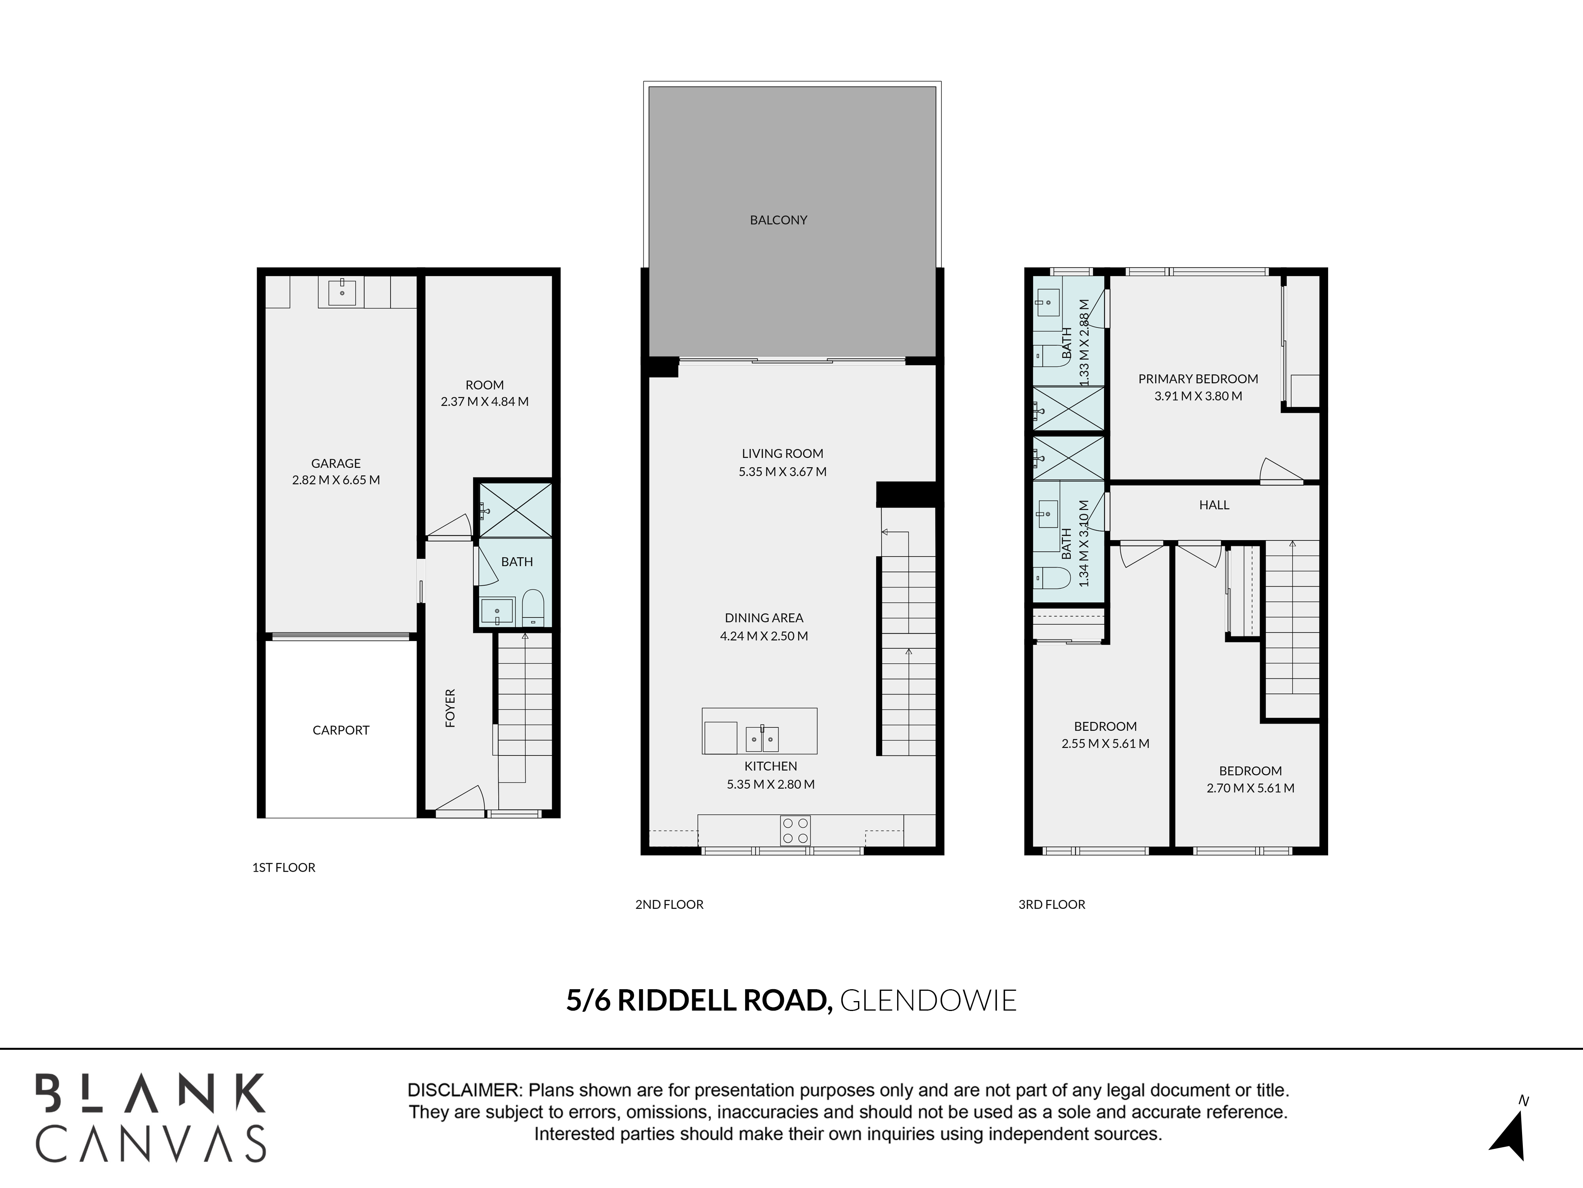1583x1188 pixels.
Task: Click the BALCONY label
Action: (x=778, y=220)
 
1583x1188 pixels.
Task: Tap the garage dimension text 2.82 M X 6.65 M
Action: (x=336, y=480)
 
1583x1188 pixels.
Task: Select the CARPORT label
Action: (x=341, y=730)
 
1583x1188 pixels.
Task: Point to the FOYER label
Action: (x=450, y=708)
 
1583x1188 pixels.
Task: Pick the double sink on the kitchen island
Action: (x=762, y=738)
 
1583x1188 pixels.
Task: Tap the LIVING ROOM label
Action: (x=782, y=453)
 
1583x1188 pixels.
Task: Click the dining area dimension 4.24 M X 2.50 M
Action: (x=763, y=636)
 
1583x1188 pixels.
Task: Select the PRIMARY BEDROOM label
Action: (x=1198, y=379)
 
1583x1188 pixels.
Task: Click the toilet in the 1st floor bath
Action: (x=533, y=607)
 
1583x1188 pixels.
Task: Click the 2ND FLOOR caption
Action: (x=669, y=904)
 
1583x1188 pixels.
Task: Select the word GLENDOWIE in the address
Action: (x=928, y=1000)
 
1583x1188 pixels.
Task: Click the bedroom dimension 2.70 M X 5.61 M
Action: (x=1250, y=788)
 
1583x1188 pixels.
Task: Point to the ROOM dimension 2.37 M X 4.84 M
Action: (x=484, y=402)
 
